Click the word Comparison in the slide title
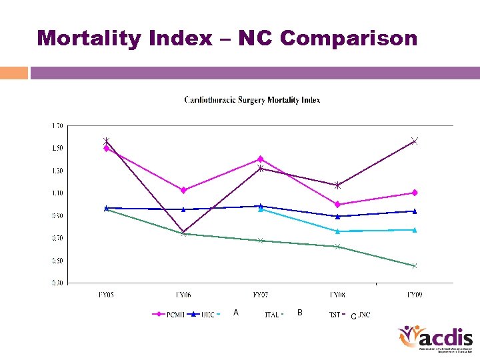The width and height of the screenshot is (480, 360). coord(349,38)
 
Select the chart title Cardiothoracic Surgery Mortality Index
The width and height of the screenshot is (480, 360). coord(252,100)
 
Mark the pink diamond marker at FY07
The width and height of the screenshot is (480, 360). coord(261,159)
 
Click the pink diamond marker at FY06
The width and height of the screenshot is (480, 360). coord(183,190)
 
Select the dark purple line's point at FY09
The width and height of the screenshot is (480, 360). coord(415,141)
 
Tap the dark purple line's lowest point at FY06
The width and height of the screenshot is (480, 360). coord(183,233)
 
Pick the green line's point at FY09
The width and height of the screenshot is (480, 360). coord(415,266)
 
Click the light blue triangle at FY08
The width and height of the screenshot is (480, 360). coord(338,231)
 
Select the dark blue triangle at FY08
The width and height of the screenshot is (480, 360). coord(338,216)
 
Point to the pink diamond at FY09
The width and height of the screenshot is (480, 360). coord(415,193)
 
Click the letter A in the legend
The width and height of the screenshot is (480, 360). coord(235,313)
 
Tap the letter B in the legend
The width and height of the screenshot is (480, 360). coord(300,313)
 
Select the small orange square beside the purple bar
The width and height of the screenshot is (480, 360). coord(14,72)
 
